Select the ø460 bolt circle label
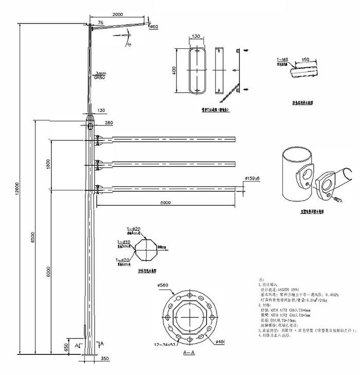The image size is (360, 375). (221, 341)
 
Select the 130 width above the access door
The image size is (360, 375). (196, 37)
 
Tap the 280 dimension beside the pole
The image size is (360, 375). (109, 122)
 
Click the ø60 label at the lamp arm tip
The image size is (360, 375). (153, 27)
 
